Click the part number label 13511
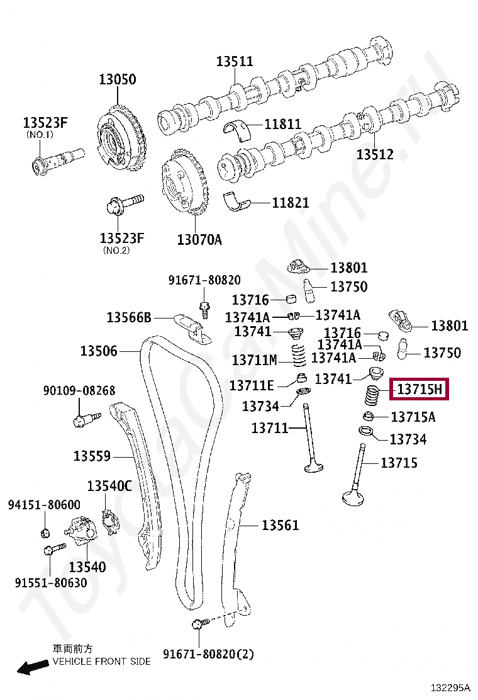coord(235,61)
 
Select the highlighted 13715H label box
coord(420,390)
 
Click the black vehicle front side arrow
coord(32,667)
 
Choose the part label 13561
coord(281,525)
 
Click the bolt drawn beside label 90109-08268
coord(85,418)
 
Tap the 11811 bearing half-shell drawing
coord(237,127)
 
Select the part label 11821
coord(291,203)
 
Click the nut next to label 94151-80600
coord(45,533)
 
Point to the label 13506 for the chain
coord(99,351)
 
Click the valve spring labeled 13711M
coord(296,354)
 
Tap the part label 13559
coord(92,456)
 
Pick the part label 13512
coord(375,154)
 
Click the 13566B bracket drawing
coord(190,326)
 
